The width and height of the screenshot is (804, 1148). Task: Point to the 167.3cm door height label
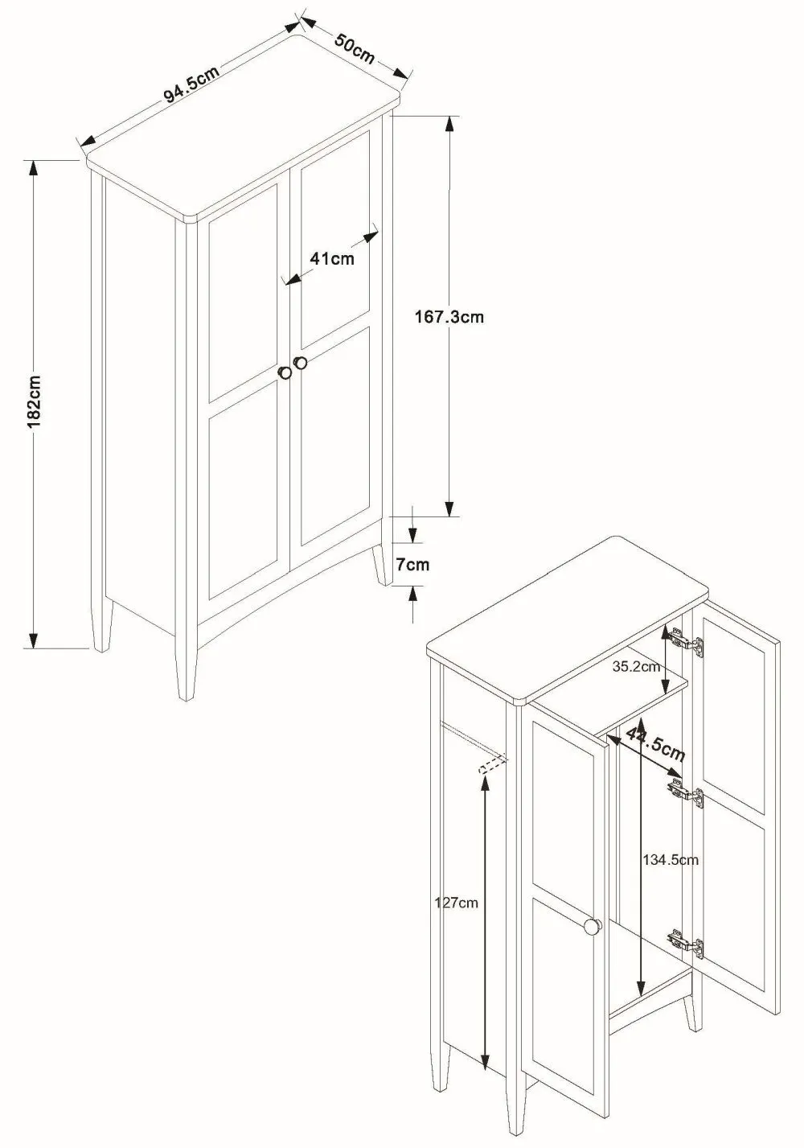449,316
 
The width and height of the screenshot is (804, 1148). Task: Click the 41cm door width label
331,259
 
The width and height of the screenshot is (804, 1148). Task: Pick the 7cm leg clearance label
412,564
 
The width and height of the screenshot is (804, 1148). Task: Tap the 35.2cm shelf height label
635,666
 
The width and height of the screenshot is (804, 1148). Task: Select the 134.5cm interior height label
670,859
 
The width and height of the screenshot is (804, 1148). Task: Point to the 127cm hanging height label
456,903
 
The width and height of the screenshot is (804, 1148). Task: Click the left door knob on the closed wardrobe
285,372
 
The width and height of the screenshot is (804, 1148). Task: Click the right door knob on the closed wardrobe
301,363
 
